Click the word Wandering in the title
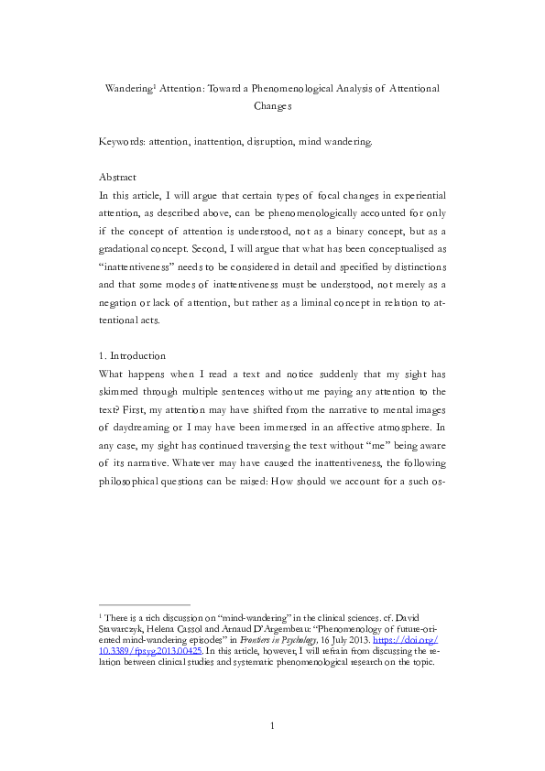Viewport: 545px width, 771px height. [x=128, y=89]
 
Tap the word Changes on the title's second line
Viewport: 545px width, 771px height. [x=272, y=106]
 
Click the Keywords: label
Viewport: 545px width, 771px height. [x=125, y=142]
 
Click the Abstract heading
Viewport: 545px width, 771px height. [x=117, y=177]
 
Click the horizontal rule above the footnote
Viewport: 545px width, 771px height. [x=144, y=604]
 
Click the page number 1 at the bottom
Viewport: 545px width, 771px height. [x=272, y=726]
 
